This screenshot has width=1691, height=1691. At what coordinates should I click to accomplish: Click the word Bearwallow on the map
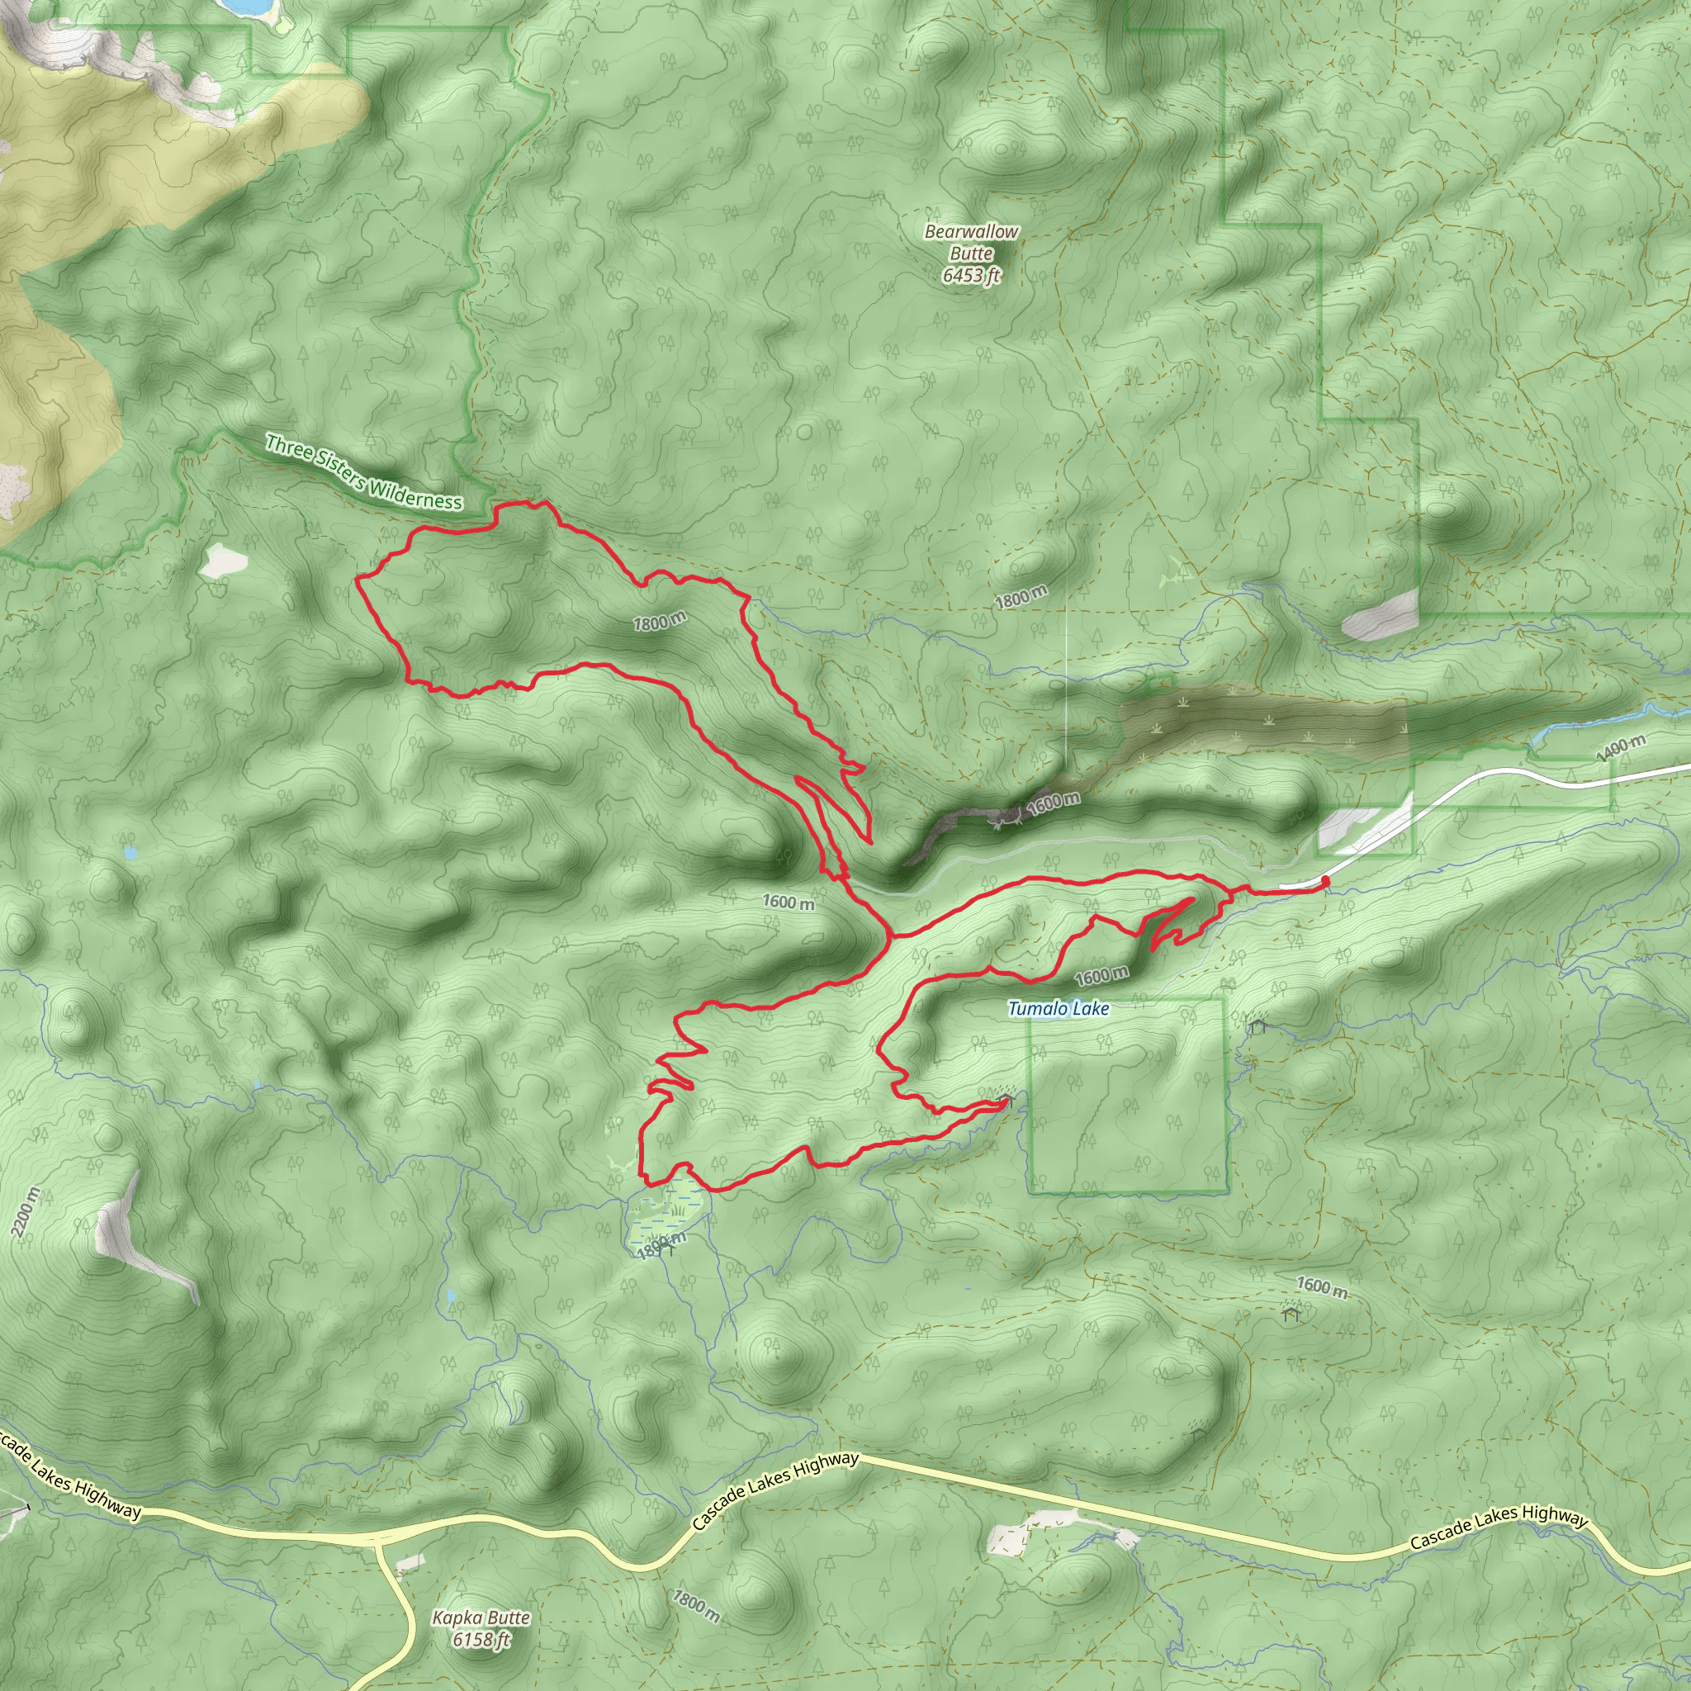click(972, 232)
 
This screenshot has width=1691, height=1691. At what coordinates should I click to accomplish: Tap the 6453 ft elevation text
click(971, 276)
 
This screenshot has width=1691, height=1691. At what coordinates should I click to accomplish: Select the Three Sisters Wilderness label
click(363, 472)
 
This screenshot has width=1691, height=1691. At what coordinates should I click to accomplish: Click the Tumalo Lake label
click(1059, 1009)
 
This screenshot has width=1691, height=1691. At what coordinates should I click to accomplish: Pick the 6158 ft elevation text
click(481, 1639)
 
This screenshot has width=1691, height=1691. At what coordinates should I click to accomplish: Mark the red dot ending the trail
click(1325, 880)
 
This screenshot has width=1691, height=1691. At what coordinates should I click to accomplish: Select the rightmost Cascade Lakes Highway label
click(1499, 1528)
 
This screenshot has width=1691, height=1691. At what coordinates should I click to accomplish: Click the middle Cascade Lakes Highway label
click(774, 1490)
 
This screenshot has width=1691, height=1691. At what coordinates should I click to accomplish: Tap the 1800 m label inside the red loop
click(660, 623)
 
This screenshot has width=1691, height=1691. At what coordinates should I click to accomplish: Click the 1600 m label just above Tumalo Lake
click(1101, 976)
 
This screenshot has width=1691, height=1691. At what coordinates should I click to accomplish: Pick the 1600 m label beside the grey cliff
click(1053, 802)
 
